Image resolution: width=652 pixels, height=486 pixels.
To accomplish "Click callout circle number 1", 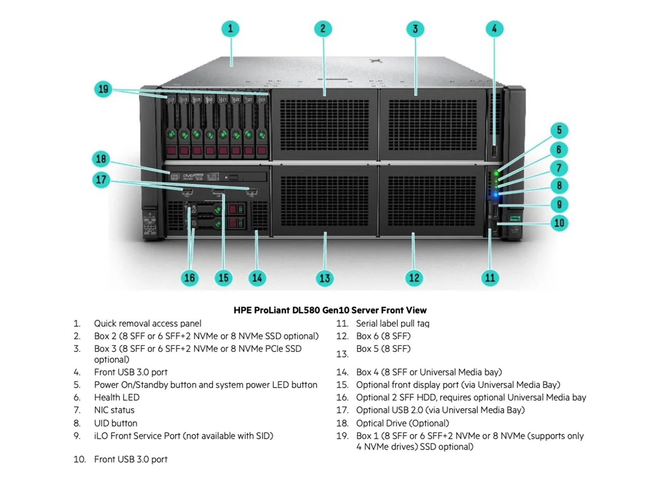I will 230,28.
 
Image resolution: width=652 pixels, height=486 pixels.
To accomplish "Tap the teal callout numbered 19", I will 103,89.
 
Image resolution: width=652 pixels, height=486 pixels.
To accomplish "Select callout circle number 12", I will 414,278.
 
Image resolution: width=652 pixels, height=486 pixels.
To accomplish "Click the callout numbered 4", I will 494,28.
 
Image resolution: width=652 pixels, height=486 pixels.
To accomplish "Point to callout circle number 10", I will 559,223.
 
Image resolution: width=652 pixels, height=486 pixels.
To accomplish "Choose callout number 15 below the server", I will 223,278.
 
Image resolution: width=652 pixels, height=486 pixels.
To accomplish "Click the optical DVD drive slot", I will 218,177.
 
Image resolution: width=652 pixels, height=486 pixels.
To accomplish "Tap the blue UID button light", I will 496,195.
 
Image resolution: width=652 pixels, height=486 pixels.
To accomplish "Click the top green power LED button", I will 496,173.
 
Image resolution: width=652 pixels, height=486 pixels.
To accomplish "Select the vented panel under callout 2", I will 324,125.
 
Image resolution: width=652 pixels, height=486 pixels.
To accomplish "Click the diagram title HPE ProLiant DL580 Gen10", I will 330,310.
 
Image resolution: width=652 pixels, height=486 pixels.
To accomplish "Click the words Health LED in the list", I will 117,398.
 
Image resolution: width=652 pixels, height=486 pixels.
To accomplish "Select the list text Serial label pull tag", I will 392,324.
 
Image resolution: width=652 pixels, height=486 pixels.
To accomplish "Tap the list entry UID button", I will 116,423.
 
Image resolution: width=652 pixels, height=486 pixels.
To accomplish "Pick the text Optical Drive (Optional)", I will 402,423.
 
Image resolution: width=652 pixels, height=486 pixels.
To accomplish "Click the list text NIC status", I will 114,410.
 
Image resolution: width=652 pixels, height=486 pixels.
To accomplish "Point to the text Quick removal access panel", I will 147,324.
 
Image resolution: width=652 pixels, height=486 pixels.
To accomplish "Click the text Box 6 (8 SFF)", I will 383,336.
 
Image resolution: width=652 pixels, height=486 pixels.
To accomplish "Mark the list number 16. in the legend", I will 342,398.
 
